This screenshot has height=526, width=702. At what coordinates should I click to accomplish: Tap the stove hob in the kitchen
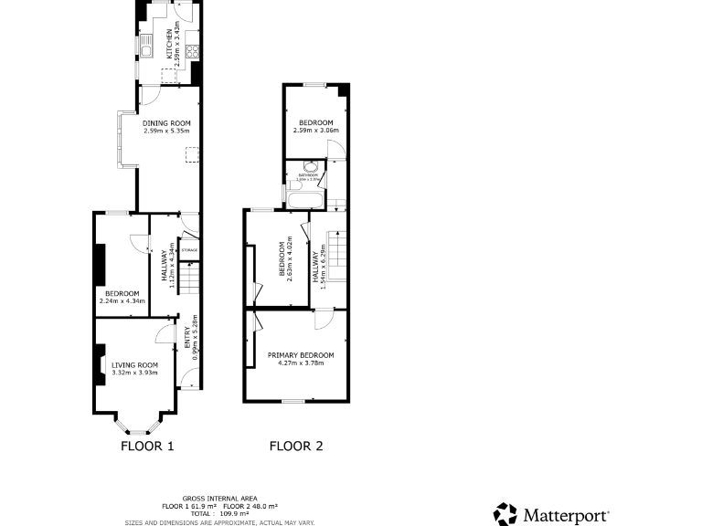click(x=194, y=54)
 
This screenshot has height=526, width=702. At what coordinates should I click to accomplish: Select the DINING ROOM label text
click(x=165, y=123)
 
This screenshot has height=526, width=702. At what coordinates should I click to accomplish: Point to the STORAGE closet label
click(x=189, y=249)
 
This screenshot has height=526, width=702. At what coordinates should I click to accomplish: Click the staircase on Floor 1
click(x=187, y=277)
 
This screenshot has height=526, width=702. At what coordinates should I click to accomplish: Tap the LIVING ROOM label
click(x=134, y=364)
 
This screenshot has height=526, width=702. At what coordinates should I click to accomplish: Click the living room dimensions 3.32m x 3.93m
click(x=134, y=372)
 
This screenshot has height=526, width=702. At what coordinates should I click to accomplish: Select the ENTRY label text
click(x=187, y=337)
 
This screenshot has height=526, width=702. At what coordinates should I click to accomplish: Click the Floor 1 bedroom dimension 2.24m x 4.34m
click(x=122, y=300)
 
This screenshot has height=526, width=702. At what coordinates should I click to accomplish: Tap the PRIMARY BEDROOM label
click(x=300, y=354)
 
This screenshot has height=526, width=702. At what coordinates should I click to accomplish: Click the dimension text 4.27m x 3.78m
click(x=300, y=363)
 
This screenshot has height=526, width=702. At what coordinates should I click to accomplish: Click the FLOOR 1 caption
click(x=147, y=447)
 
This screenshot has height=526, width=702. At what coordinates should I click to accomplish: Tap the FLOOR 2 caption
click(x=295, y=447)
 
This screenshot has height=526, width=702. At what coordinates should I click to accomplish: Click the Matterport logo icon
click(x=505, y=514)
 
